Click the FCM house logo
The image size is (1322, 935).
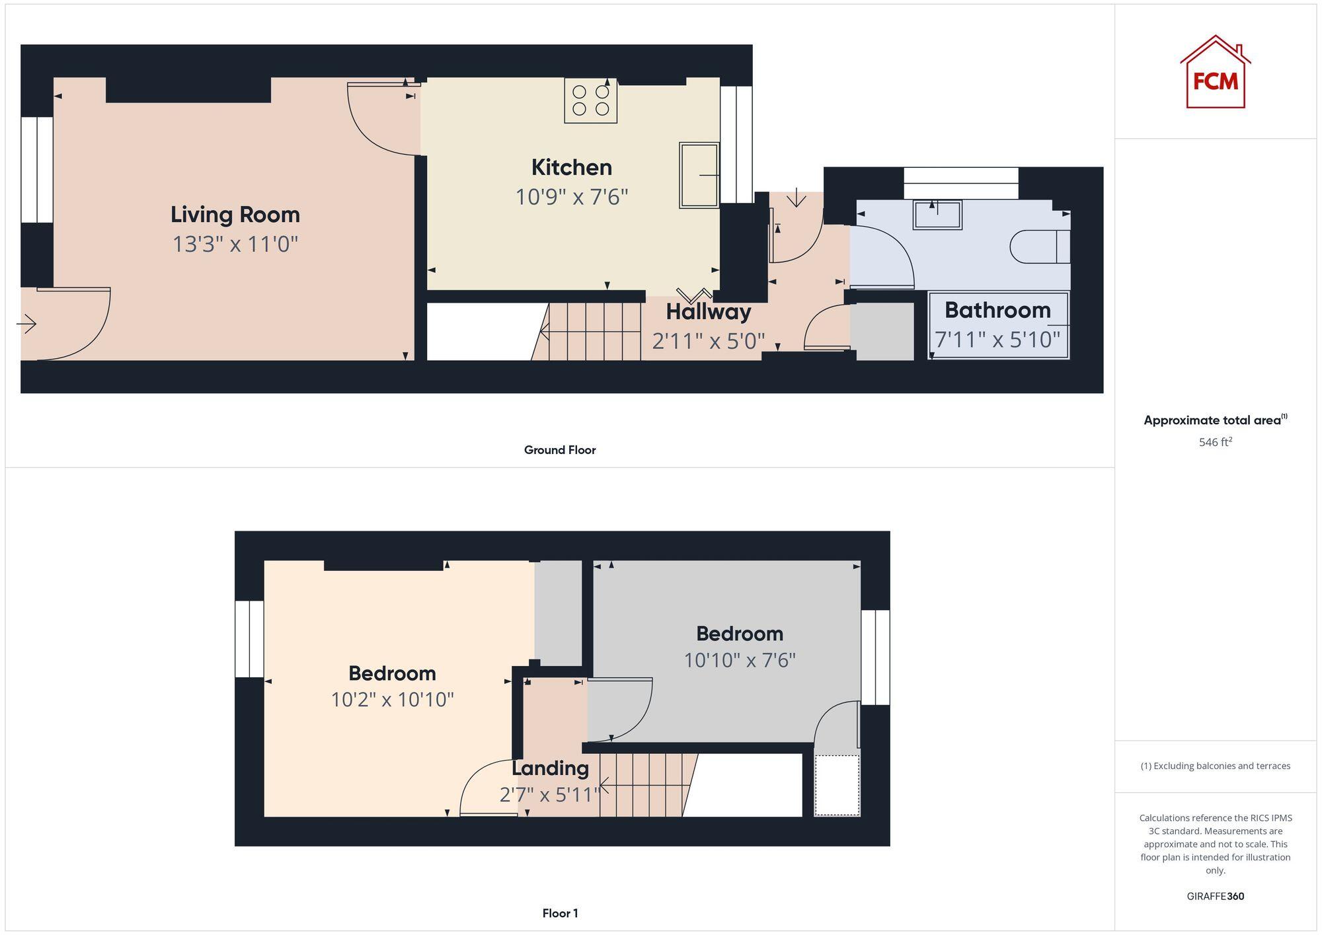(1215, 73)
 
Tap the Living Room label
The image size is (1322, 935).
(235, 215)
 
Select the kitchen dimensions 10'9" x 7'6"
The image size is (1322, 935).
(571, 197)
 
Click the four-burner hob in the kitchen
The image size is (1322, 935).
(591, 100)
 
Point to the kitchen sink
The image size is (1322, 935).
(699, 175)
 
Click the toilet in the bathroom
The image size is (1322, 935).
(1040, 246)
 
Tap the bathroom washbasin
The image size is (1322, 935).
(937, 215)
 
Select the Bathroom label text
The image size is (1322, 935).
(997, 310)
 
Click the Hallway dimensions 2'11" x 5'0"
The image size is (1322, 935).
(708, 341)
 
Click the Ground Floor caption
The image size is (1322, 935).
(559, 450)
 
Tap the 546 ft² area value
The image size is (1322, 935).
(1215, 442)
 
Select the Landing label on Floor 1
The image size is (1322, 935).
(550, 768)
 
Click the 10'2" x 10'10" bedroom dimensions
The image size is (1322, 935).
(392, 700)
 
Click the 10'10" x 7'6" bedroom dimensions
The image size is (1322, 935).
(739, 660)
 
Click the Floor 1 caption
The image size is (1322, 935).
(559, 913)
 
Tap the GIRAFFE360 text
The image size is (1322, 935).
(1215, 897)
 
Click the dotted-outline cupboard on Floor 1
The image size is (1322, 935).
(837, 786)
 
